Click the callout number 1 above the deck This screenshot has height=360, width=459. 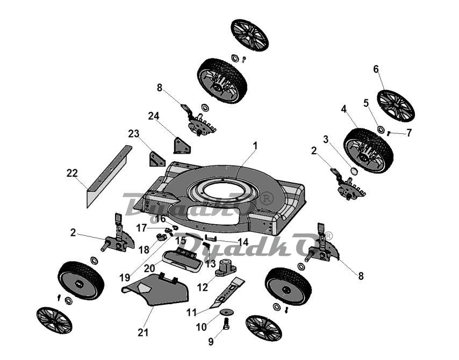[255, 146]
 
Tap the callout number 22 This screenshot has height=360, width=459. [72, 173]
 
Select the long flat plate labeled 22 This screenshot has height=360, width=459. [109, 176]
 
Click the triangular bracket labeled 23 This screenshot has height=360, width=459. [157, 159]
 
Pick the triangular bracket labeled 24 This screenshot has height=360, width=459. [182, 145]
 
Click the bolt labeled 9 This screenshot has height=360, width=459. [226, 323]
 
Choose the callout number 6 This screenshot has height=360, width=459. [376, 69]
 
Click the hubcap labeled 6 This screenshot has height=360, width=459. [395, 105]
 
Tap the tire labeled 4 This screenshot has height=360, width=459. [368, 150]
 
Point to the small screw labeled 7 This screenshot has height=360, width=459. [389, 133]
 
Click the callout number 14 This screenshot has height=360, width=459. [243, 242]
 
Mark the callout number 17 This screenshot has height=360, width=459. [141, 228]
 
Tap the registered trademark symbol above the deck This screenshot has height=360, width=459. [267, 198]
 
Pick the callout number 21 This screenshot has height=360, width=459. [143, 333]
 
